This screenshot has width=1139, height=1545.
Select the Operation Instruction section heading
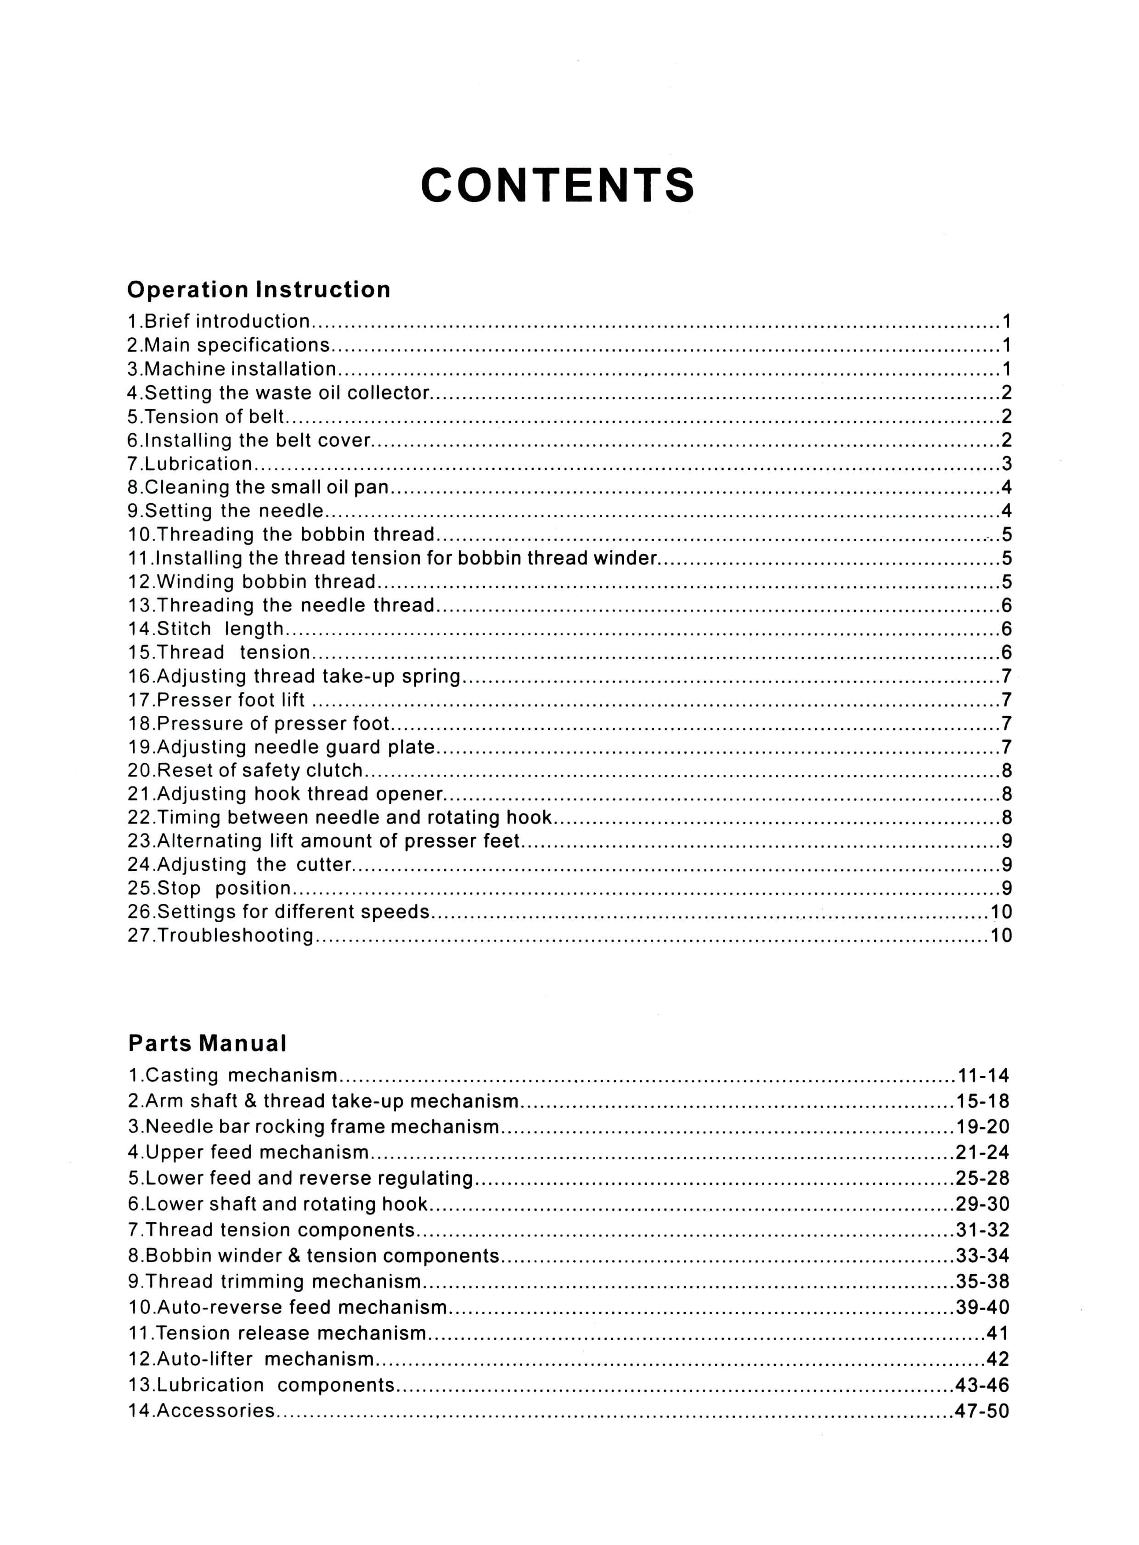point(259,290)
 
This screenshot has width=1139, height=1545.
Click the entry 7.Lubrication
point(190,464)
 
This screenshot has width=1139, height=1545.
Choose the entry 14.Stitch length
point(205,628)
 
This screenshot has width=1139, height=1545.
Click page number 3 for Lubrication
point(1006,464)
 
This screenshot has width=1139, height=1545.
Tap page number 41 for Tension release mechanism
point(998,1333)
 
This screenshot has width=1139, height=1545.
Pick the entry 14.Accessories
point(201,1411)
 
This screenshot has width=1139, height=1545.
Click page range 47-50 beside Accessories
point(982,1411)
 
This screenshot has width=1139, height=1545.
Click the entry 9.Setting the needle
point(226,510)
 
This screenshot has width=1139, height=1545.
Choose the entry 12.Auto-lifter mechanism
point(251,1359)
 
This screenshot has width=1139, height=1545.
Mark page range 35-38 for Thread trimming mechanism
point(982,1281)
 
